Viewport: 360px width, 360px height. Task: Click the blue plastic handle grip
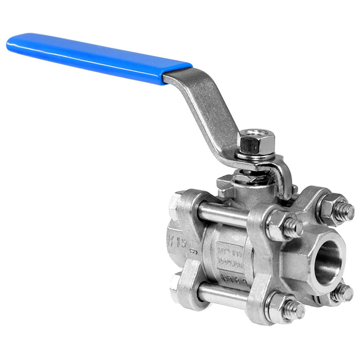98,58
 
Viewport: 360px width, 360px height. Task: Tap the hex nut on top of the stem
248,141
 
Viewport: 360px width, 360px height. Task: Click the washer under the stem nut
250,155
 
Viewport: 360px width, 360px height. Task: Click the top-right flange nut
337,208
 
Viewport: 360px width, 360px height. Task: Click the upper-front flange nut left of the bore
283,226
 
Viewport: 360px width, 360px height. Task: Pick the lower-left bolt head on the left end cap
177,283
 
